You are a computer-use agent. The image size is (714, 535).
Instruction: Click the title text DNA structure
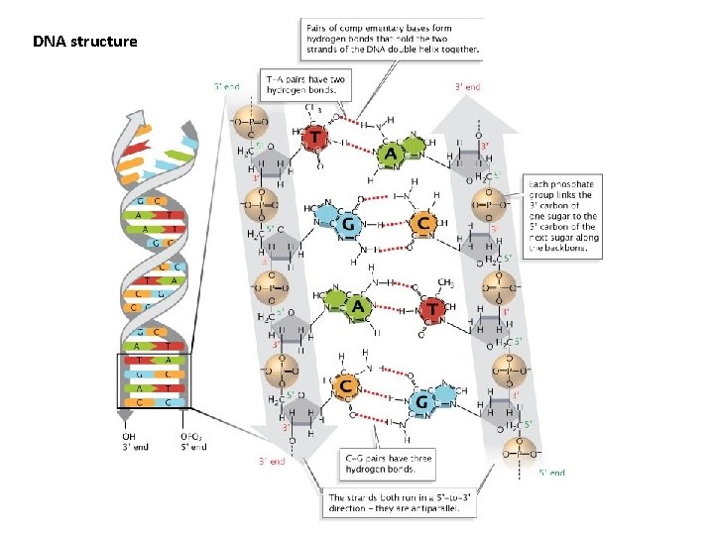tap(85, 43)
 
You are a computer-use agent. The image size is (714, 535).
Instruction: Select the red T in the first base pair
tap(316, 137)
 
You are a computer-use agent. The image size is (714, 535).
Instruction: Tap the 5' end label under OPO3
tap(194, 448)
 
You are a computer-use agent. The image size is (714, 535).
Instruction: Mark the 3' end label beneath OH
tap(130, 448)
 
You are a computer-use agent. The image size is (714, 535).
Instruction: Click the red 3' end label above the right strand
tap(467, 87)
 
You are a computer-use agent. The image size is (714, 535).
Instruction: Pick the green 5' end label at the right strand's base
tap(551, 473)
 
